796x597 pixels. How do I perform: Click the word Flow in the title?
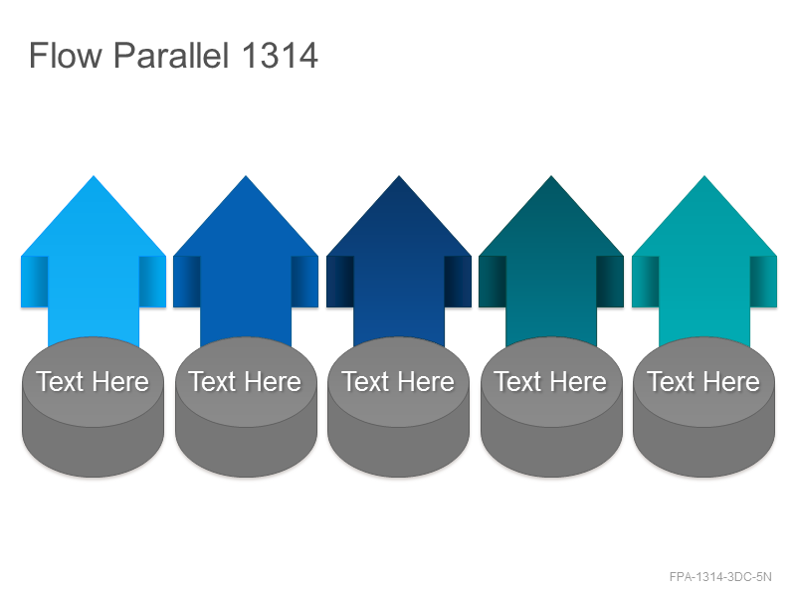point(66,55)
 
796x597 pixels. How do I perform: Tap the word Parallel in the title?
point(171,55)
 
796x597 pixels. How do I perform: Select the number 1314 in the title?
point(280,55)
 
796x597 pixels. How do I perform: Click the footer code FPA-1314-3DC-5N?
point(720,577)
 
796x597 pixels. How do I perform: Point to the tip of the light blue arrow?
point(94,176)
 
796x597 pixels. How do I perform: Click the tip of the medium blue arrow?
point(246,176)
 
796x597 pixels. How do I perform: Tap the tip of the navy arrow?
point(399,176)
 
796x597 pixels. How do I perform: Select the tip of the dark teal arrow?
point(551,176)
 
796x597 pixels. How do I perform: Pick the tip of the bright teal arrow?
point(704,176)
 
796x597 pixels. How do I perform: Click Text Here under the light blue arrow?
point(93,381)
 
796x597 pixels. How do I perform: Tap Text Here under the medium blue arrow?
point(245,381)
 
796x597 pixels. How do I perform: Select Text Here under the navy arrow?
point(398,381)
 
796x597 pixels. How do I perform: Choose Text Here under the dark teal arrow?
point(550,381)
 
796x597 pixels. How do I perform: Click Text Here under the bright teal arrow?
point(703,381)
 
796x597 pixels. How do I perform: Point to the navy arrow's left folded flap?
point(339,282)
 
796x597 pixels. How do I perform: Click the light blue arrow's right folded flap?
point(152,282)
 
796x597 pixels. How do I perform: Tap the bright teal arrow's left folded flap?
point(645,282)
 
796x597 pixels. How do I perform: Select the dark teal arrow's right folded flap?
point(610,282)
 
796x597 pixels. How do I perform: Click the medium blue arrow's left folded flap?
point(187,282)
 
